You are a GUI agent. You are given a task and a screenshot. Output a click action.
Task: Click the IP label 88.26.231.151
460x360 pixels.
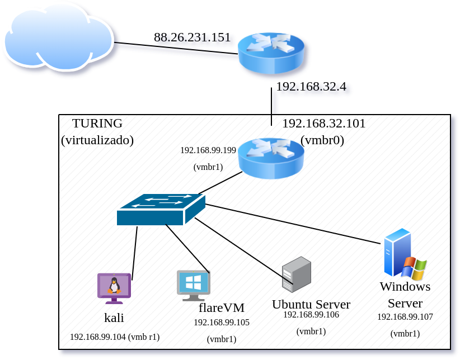[192, 37]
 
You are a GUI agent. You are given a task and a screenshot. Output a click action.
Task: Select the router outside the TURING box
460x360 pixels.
[271, 53]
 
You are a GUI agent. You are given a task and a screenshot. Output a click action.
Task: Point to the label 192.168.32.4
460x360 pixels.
[311, 87]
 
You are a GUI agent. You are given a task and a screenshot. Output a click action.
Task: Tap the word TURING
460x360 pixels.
[97, 124]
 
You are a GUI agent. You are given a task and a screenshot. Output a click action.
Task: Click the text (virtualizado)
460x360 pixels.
[97, 140]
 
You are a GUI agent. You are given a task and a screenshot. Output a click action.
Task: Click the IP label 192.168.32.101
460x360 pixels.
[323, 124]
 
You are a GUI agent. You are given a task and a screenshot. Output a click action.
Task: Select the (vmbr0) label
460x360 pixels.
[322, 140]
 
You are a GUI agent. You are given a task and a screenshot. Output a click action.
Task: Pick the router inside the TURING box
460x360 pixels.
[271, 158]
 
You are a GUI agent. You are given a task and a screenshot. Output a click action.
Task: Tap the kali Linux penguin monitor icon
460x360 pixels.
[114, 287]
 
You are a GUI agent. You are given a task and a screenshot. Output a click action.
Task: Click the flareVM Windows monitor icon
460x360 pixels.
[193, 284]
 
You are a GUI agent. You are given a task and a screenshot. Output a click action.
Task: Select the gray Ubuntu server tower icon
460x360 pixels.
[297, 274]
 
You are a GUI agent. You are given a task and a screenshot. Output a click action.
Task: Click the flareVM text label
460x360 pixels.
[222, 307]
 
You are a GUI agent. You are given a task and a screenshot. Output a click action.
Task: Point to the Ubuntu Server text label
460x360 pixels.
[311, 304]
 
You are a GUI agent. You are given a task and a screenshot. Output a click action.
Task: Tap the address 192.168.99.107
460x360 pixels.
[405, 316]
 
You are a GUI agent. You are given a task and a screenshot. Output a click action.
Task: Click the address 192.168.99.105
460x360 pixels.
[221, 323]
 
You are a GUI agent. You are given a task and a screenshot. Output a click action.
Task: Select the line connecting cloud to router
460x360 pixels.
[176, 48]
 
